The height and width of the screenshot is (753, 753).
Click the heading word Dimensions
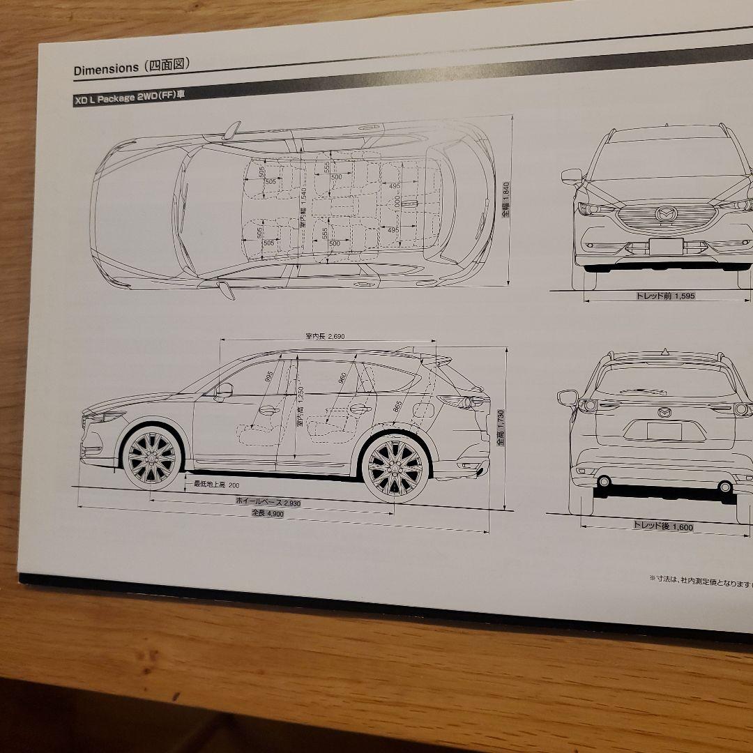[x=106, y=68]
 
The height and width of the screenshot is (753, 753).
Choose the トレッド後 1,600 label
[x=662, y=526]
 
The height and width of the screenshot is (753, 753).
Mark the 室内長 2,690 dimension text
[x=325, y=336]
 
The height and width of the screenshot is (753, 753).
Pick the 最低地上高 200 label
[x=216, y=484]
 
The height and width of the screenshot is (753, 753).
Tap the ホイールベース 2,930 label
[x=268, y=501]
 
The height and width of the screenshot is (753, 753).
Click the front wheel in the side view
[x=152, y=459]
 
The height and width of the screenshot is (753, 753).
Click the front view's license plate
[x=666, y=246]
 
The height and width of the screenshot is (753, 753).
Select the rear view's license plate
[x=664, y=431]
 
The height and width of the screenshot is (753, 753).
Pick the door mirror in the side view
[x=224, y=391]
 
